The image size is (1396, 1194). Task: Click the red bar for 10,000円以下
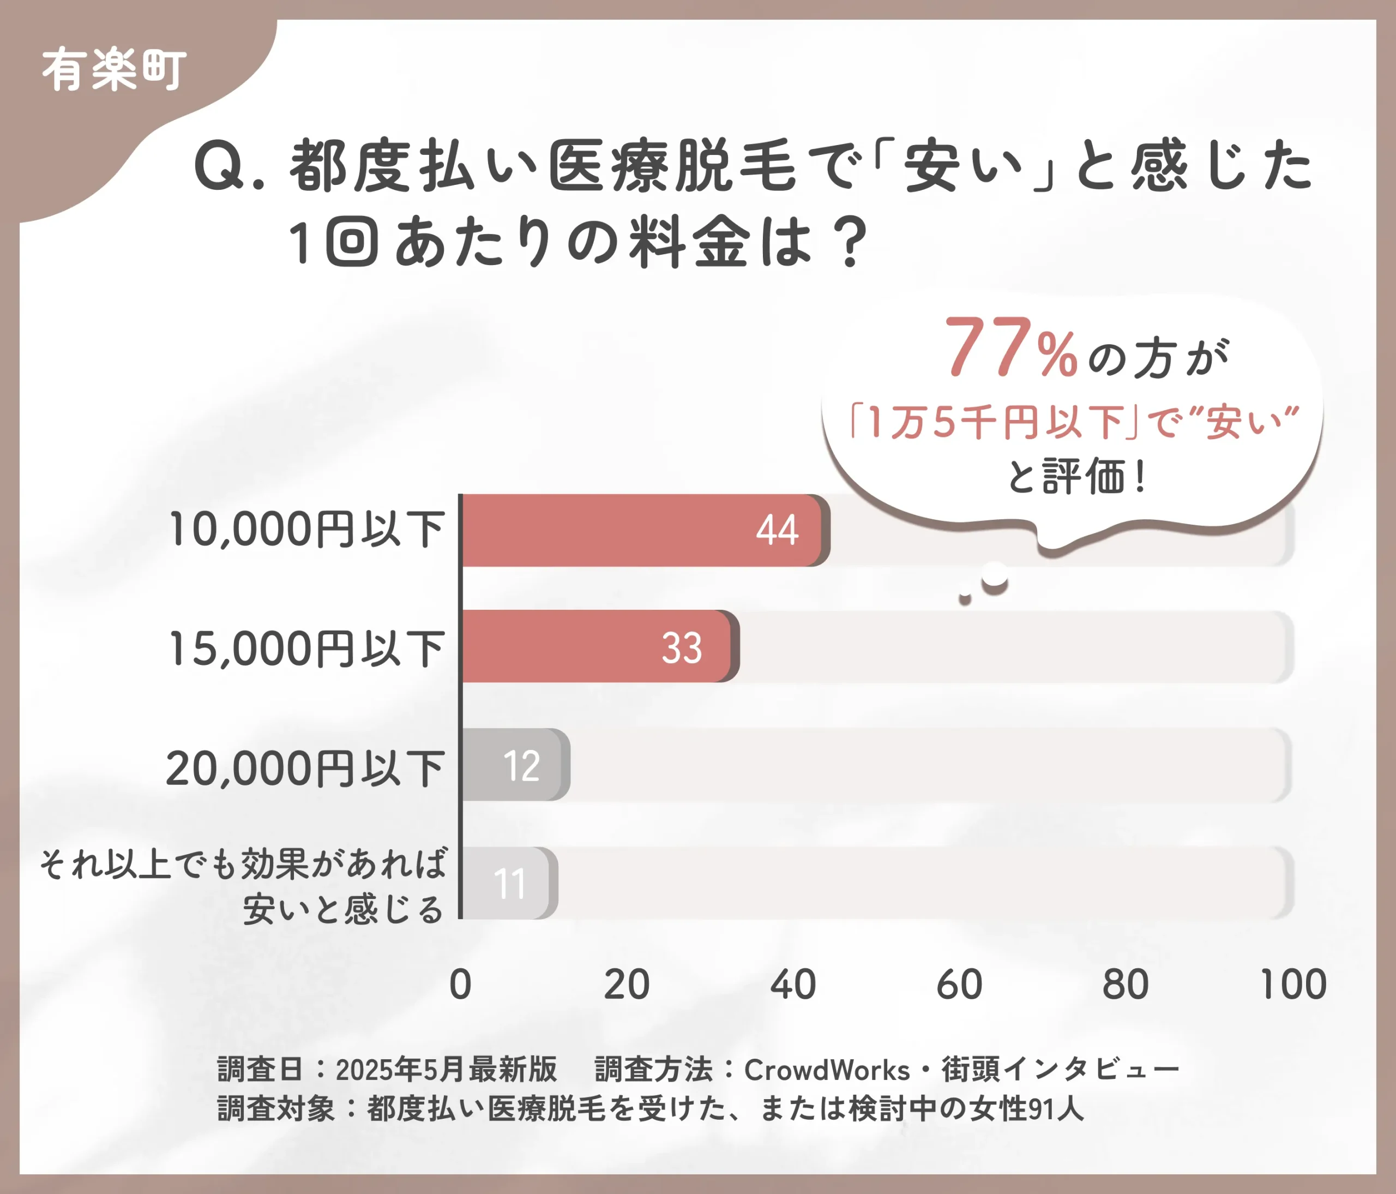(x=640, y=530)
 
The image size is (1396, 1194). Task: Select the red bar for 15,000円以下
(x=596, y=646)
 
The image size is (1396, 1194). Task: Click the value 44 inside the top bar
(x=777, y=530)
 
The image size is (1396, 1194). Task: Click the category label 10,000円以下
(x=306, y=530)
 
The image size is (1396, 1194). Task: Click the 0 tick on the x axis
(x=461, y=985)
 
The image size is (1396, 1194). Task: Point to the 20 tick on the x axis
(x=627, y=985)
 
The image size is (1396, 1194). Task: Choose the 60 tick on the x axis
(x=959, y=985)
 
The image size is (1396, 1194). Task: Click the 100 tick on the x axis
(x=1293, y=985)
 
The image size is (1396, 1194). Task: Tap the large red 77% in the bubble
(x=1010, y=349)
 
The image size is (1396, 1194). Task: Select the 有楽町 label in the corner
(x=115, y=69)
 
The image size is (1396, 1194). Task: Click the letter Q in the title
(x=219, y=166)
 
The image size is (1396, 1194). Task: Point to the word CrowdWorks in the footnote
(x=827, y=1069)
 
